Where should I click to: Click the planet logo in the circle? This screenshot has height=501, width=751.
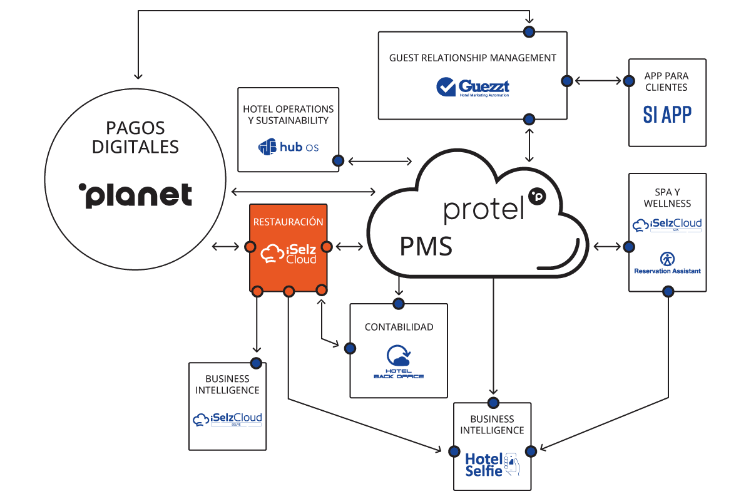(x=136, y=195)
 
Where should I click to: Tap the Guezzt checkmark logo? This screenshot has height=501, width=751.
(x=473, y=86)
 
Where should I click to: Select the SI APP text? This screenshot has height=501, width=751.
(x=667, y=114)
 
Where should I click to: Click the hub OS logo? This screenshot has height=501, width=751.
(x=289, y=147)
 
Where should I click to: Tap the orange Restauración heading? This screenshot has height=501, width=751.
(x=288, y=222)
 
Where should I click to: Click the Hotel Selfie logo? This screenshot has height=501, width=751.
(x=492, y=464)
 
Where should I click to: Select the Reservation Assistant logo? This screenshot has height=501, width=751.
(x=667, y=262)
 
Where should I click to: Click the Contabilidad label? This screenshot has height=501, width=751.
(x=399, y=327)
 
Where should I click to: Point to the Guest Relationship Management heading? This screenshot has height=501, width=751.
(x=473, y=58)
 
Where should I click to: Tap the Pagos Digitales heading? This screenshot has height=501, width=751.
(x=135, y=137)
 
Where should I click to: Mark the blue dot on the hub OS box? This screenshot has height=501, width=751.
(x=338, y=161)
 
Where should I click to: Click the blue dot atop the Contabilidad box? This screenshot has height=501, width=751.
(x=398, y=304)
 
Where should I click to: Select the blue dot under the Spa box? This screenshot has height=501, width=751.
(x=668, y=291)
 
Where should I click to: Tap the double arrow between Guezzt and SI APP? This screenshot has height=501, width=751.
(x=598, y=81)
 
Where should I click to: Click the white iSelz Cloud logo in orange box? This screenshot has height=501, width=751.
(x=288, y=254)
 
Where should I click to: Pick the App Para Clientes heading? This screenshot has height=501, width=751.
(x=667, y=82)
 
